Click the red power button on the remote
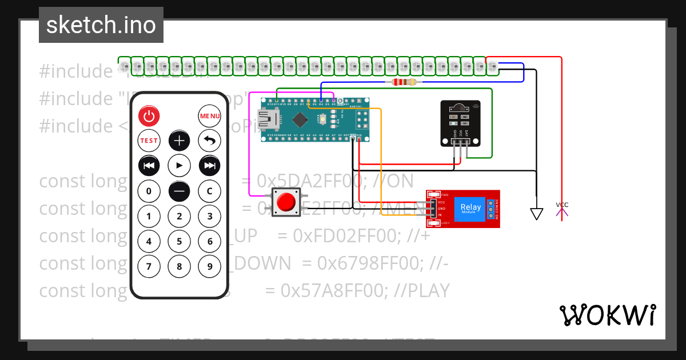[x=149, y=116]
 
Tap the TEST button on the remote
[x=149, y=141]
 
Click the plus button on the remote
[x=180, y=141]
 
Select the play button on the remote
[x=180, y=166]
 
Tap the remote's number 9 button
[x=210, y=266]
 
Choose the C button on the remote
[x=210, y=191]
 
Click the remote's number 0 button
[x=149, y=191]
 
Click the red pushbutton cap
[x=285, y=202]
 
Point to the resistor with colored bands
[x=405, y=82]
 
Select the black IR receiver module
[x=460, y=123]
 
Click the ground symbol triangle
[x=536, y=214]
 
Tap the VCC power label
[x=562, y=205]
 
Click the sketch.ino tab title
[x=101, y=25]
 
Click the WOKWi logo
[x=607, y=315]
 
